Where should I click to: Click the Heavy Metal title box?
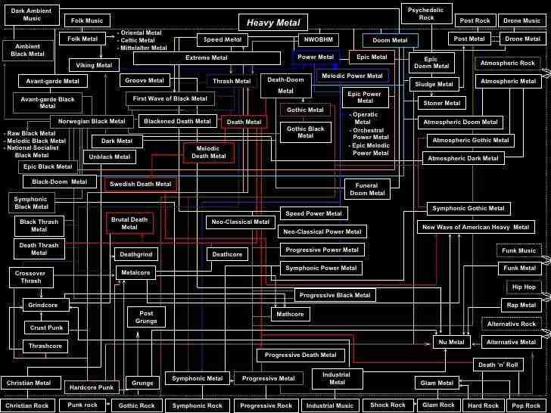pyautogui.click(x=273, y=23)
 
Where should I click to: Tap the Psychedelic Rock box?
pyautogui.click(x=426, y=13)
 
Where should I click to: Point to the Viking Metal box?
pyautogui.click(x=95, y=65)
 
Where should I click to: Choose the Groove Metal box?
pyautogui.click(x=145, y=80)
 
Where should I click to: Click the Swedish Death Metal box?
pyautogui.click(x=141, y=184)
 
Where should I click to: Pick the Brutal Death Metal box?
pyautogui.click(x=129, y=223)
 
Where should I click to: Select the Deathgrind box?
pyautogui.click(x=136, y=255)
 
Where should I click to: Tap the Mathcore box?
pyautogui.click(x=290, y=314)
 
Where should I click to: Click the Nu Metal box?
pyautogui.click(x=452, y=342)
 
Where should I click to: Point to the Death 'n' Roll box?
pyautogui.click(x=498, y=365)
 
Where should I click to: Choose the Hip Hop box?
pyautogui.click(x=524, y=287)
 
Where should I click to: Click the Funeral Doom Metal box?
pyautogui.click(x=367, y=189)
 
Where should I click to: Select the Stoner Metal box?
pyautogui.click(x=442, y=103)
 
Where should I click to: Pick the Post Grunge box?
pyautogui.click(x=146, y=317)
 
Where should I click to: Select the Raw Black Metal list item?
pyautogui.click(x=31, y=133)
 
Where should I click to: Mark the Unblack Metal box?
pyautogui.click(x=110, y=157)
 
